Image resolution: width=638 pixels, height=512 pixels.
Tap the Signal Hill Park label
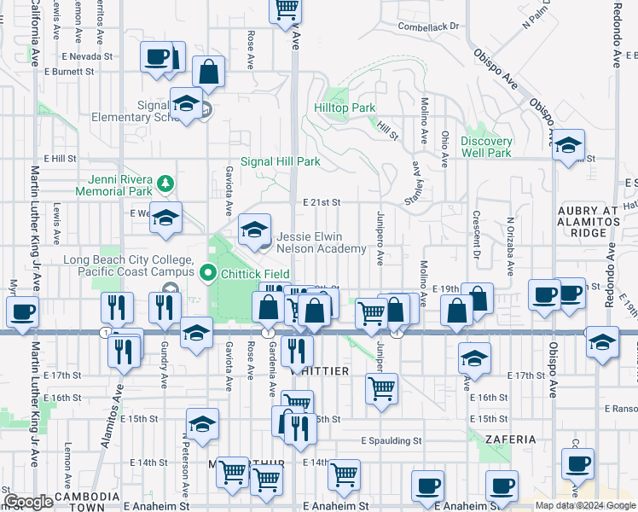click(x=280, y=161)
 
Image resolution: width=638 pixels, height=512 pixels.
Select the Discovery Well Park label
click(x=486, y=147)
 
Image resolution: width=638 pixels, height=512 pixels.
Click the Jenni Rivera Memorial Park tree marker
click(x=168, y=183)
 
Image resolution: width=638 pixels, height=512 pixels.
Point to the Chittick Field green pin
click(x=207, y=274)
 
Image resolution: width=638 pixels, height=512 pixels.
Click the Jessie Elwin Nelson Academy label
click(x=321, y=243)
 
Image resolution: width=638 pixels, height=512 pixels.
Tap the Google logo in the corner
click(x=29, y=502)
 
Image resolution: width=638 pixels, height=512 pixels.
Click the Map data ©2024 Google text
click(x=586, y=505)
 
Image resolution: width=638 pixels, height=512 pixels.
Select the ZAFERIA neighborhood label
click(x=508, y=439)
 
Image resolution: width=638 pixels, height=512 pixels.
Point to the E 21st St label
click(x=322, y=203)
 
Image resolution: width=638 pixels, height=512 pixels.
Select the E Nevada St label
click(x=88, y=56)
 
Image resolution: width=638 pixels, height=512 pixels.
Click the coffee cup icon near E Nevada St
click(x=156, y=57)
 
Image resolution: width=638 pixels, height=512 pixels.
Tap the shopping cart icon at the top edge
click(x=286, y=9)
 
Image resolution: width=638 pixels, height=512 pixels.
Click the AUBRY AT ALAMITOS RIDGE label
click(x=589, y=220)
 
